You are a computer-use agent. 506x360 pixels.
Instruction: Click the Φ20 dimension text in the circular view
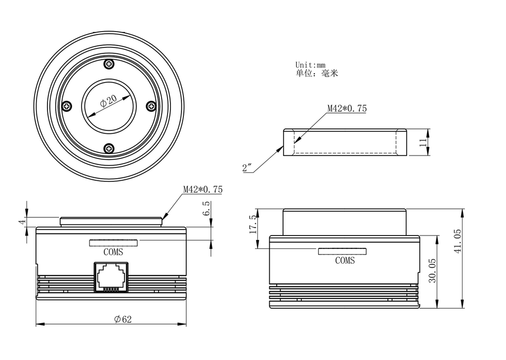coord(108,101)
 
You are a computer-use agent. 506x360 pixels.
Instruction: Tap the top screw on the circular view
coord(109,64)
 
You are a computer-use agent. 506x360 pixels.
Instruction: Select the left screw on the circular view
coord(67,106)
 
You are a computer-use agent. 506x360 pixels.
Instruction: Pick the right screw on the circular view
coord(151,106)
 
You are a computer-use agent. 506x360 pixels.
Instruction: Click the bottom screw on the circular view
coord(109,148)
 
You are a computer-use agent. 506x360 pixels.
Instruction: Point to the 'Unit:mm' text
coord(310,65)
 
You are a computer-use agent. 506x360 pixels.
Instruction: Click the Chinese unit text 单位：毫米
coord(317,74)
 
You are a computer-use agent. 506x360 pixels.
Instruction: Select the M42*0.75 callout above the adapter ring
coord(347,108)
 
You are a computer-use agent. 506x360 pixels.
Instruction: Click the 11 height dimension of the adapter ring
coord(423,142)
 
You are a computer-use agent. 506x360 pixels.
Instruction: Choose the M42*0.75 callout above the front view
coord(203,189)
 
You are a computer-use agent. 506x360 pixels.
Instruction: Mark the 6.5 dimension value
coord(207,208)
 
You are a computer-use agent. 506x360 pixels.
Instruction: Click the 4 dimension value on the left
coord(22,222)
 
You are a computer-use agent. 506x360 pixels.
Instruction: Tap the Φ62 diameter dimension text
coord(123,320)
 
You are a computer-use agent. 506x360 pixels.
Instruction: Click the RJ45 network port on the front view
coord(111,277)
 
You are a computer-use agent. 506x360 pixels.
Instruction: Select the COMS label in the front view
coord(113,252)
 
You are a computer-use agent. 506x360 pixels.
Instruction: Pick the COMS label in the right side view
coord(345,261)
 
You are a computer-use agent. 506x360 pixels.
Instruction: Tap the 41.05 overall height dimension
coord(457,241)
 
